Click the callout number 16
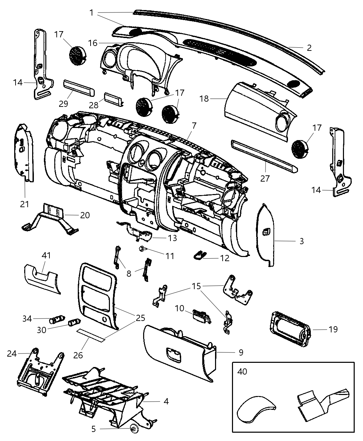93,43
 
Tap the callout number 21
25,204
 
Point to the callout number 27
265,178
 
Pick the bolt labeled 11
142,248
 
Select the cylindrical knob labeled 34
57,319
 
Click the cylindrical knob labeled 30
73,323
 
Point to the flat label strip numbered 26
91,334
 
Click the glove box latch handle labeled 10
202,316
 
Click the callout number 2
309,48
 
